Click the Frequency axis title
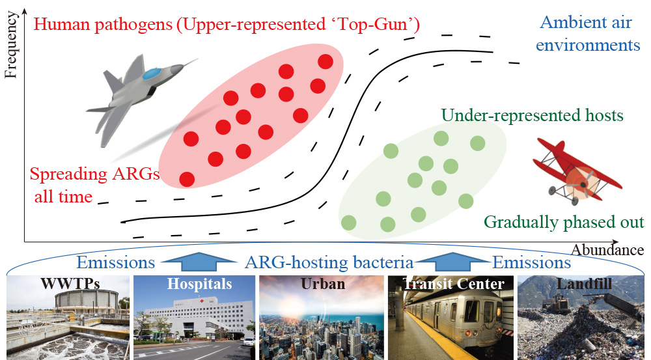(x=11, y=45)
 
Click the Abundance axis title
(x=607, y=250)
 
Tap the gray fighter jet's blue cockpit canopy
(x=152, y=74)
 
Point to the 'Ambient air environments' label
(x=588, y=34)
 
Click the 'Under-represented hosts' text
(x=533, y=115)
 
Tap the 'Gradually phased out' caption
(x=564, y=222)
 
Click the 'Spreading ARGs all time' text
(x=94, y=185)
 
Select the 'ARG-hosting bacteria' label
(x=329, y=263)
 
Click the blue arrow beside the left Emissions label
(x=199, y=262)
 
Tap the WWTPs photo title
(x=70, y=284)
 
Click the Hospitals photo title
(x=199, y=284)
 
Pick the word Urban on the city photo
(x=323, y=284)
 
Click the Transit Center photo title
(x=453, y=284)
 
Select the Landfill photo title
(x=584, y=284)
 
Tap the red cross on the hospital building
(x=202, y=300)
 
